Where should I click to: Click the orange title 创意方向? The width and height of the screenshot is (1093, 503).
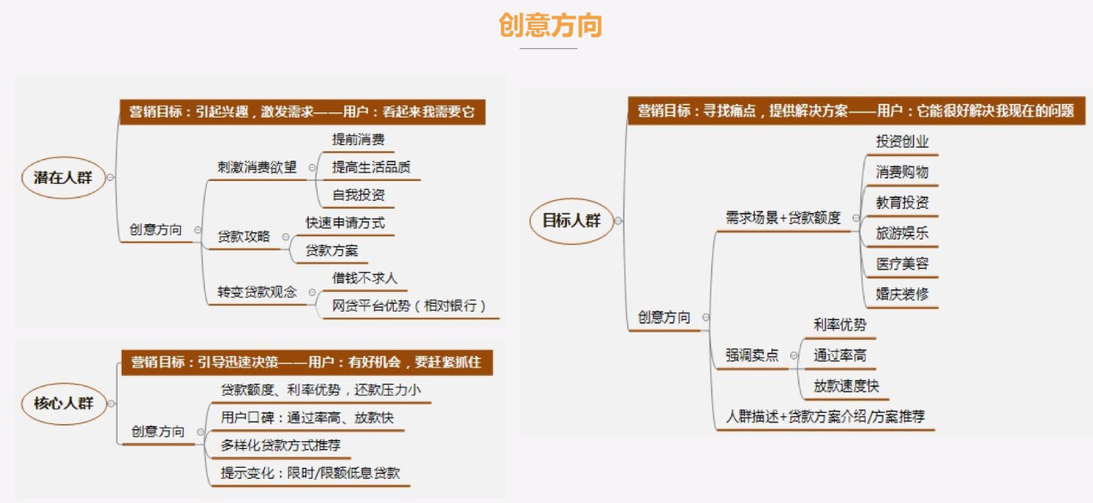point(550,25)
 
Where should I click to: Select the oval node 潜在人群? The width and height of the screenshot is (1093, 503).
point(63,178)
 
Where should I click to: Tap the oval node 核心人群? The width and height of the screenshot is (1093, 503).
point(63,403)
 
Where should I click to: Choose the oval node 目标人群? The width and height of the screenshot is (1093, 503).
point(571,221)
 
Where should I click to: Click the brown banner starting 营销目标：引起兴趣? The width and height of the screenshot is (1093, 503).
point(303,112)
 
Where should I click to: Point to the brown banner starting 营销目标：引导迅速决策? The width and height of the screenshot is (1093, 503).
point(307,362)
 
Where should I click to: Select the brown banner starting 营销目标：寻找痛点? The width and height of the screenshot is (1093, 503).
point(856,111)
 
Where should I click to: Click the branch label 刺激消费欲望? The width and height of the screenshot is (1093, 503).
point(257,167)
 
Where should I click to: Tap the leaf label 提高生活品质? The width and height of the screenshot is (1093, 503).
point(371,167)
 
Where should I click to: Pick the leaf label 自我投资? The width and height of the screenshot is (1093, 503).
point(358,196)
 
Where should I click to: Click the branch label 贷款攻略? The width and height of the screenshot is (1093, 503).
point(244,236)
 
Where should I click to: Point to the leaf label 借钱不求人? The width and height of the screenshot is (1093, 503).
point(365,278)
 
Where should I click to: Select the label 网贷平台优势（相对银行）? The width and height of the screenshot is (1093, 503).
point(409,306)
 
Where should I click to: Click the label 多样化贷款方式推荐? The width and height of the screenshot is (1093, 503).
point(281,445)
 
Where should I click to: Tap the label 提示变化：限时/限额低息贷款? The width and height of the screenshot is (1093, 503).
point(311,473)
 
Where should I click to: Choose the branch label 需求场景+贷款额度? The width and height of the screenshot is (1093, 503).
point(783,218)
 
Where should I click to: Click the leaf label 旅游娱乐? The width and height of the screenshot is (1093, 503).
point(903,233)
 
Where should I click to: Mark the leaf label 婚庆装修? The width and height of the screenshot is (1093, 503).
point(903,294)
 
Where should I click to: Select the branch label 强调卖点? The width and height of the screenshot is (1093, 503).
point(752,355)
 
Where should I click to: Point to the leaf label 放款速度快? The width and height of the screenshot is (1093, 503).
point(846,386)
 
